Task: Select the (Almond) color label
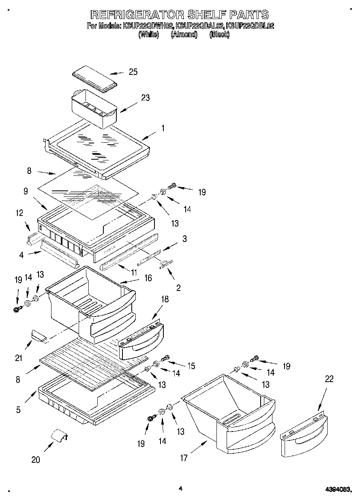point(184,35)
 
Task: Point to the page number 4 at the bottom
point(180,489)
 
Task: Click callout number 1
point(163,128)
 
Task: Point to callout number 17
point(184,458)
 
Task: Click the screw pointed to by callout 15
point(165,359)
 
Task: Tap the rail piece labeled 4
point(60,252)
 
